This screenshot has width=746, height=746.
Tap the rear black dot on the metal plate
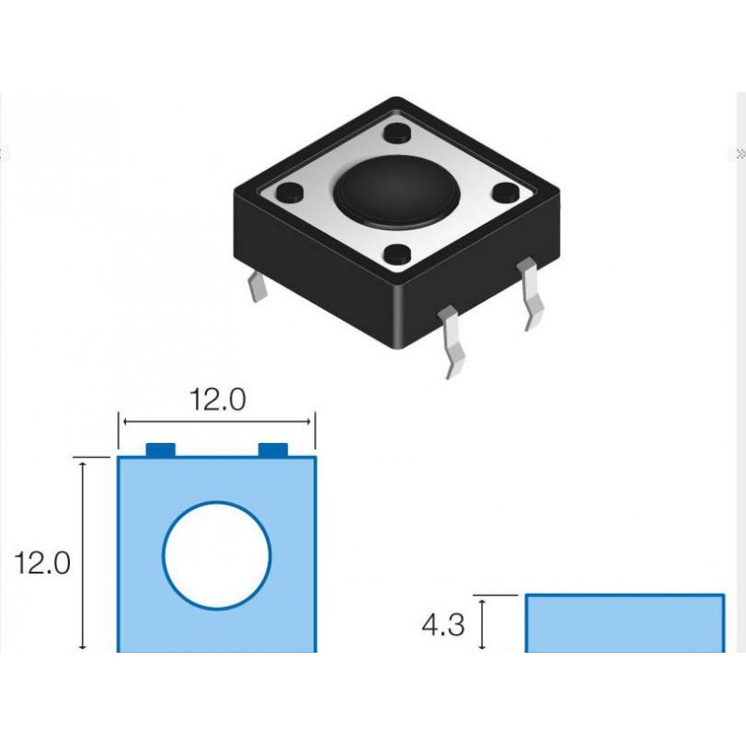(x=395, y=131)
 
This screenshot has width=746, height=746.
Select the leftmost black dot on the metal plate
(x=289, y=192)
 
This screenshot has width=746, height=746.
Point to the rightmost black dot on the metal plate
(x=504, y=193)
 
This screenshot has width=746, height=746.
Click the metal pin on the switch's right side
(x=531, y=293)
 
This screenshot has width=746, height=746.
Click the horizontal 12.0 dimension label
(x=217, y=400)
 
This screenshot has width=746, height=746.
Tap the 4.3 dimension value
(x=443, y=625)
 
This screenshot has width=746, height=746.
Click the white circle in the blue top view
(x=217, y=556)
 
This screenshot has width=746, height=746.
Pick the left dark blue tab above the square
(x=161, y=450)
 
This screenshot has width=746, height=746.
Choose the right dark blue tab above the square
(x=273, y=450)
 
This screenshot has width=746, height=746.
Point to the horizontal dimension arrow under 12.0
(x=217, y=421)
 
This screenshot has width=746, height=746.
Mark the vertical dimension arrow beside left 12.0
(x=85, y=554)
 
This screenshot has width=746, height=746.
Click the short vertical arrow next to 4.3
(x=482, y=624)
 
